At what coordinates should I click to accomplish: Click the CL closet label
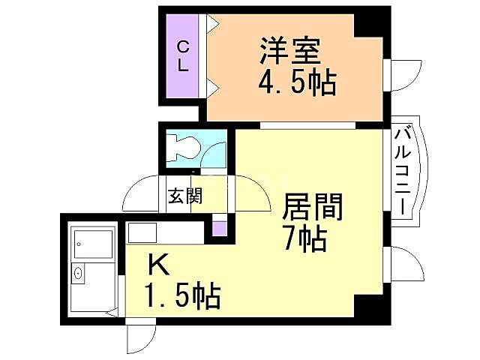coord(182,56)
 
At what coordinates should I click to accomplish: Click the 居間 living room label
coord(313,206)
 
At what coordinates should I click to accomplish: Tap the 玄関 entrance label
coord(184,196)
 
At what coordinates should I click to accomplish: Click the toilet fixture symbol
coord(182,148)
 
